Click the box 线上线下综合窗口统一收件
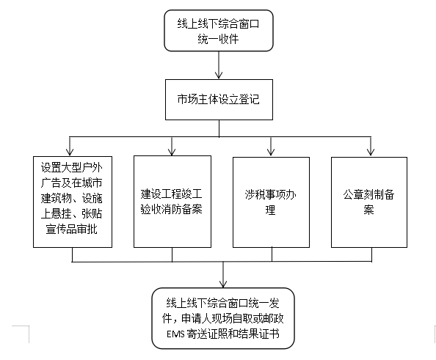(x=219, y=31)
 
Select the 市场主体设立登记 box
(x=219, y=100)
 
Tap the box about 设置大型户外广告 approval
(x=73, y=202)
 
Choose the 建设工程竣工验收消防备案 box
(x=172, y=202)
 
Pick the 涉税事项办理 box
(x=271, y=202)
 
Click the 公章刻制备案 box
(x=369, y=202)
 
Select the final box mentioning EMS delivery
(x=222, y=318)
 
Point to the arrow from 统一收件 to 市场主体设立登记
(x=219, y=65)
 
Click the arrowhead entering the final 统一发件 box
(x=223, y=284)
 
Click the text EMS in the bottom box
(x=175, y=334)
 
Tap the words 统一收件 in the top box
(x=218, y=39)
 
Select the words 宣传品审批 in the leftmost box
(x=71, y=229)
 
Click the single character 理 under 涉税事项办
(x=270, y=210)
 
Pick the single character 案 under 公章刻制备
(x=368, y=210)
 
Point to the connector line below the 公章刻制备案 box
(x=371, y=254)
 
